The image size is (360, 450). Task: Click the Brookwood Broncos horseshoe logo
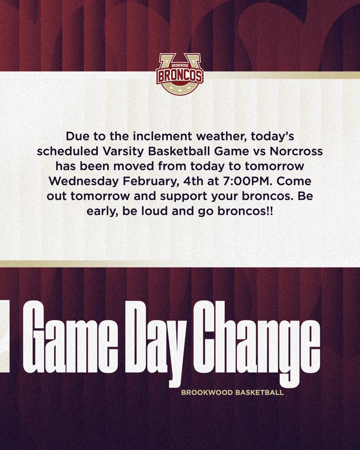[180, 73]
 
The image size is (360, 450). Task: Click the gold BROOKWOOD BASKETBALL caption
[232, 393]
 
